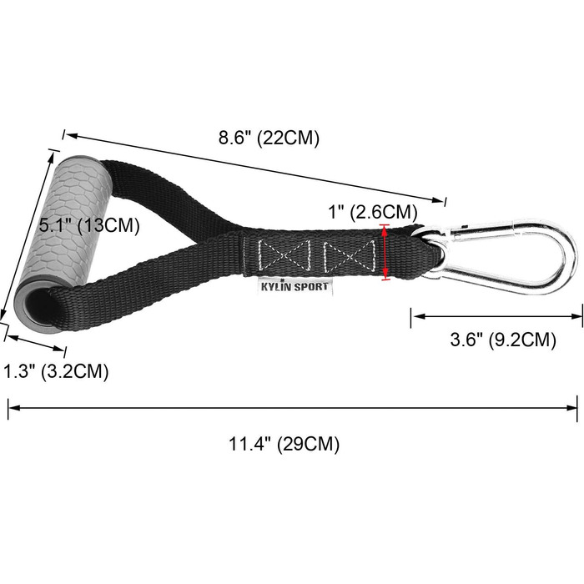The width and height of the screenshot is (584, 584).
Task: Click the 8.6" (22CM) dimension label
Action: pos(269,138)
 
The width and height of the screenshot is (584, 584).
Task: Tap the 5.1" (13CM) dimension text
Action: pos(89,225)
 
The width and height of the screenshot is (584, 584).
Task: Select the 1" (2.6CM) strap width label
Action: pos(373,212)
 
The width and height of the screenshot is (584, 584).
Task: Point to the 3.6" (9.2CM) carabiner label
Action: pos(503,340)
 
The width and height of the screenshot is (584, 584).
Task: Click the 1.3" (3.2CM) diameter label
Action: pos(56,371)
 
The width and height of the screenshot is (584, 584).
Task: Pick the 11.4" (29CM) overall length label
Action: pos(284,444)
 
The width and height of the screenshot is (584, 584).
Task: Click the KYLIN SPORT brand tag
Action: pos(295,287)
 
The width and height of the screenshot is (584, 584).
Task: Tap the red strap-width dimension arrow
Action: pos(385,252)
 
